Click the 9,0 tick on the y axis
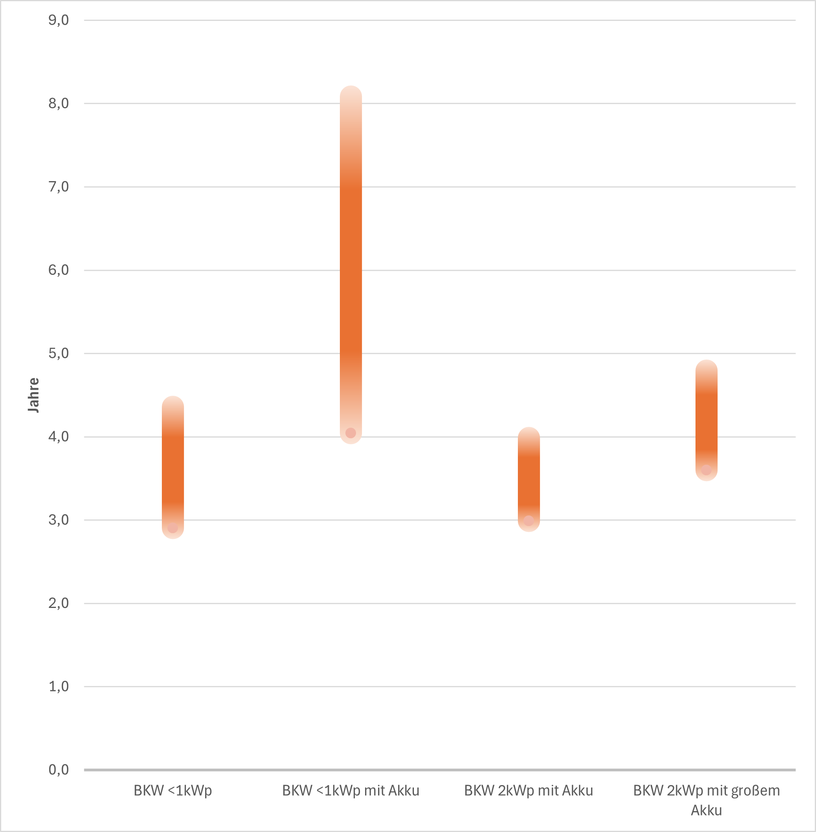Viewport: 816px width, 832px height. coord(58,20)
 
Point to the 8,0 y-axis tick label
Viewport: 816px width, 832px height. coord(58,103)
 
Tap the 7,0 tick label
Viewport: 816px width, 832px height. coord(58,187)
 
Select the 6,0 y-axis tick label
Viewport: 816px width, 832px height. coord(58,270)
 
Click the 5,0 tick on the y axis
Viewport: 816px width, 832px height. coord(58,354)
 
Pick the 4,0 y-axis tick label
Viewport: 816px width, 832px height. coord(58,437)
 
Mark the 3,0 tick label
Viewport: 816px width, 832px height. coord(58,520)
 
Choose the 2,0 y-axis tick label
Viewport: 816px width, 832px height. coord(58,603)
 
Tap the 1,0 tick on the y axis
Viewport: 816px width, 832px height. coord(58,686)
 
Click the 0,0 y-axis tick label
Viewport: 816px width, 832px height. coord(58,770)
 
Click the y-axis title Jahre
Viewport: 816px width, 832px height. coord(33,395)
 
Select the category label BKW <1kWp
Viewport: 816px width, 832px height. coord(173,790)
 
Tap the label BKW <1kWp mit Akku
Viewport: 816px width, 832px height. coord(351,790)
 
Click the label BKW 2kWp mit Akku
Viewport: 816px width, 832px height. coord(529,790)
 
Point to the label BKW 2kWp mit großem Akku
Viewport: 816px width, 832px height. coord(706,800)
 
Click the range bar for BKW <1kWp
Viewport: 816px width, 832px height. coord(173,467)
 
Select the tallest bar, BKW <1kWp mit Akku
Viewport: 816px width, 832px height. coord(351,266)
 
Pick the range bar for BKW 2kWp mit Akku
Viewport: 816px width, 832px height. coord(529,479)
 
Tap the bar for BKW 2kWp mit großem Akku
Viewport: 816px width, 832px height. coord(706,420)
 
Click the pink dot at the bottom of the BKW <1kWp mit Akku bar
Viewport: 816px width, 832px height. coord(351,433)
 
